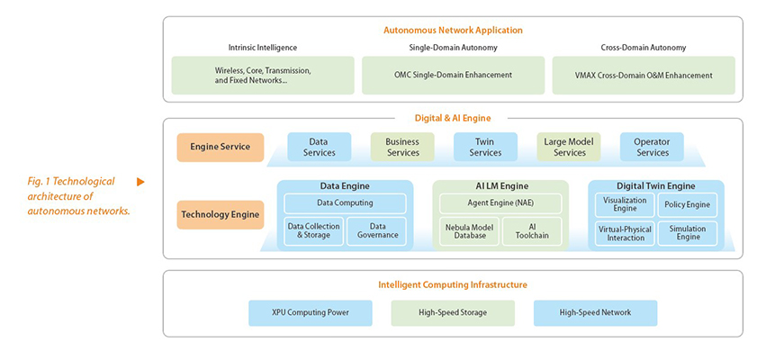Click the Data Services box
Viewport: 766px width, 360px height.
point(320,147)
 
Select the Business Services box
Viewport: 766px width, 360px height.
point(402,147)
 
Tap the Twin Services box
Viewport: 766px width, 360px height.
point(485,147)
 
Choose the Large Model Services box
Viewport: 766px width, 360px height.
point(569,147)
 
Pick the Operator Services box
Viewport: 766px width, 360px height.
point(652,147)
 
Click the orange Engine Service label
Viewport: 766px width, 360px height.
point(221,147)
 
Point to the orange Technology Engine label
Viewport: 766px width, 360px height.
point(221,214)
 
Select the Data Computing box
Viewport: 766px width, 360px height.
point(345,203)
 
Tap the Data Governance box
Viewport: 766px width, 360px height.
point(376,231)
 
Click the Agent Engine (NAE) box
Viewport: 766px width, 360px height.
point(500,203)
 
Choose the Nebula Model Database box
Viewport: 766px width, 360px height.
point(469,231)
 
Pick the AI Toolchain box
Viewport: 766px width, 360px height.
point(532,231)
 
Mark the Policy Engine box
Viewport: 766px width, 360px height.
point(688,204)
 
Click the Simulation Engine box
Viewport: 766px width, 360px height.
point(688,233)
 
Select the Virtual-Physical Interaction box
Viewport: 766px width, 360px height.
point(625,233)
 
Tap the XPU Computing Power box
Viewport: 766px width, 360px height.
point(311,312)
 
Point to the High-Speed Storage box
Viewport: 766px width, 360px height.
point(453,312)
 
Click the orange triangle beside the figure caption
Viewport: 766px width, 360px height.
point(140,182)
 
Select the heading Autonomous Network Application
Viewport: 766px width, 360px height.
point(453,31)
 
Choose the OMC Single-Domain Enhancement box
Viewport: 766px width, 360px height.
point(453,76)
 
